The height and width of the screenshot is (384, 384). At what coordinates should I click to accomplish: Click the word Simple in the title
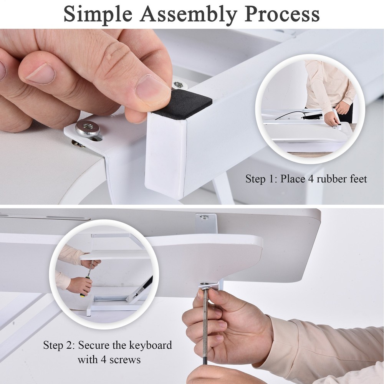(x=98, y=14)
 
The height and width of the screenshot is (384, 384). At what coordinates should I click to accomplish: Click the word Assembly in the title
(x=189, y=14)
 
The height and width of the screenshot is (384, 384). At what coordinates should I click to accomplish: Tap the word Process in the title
(x=282, y=14)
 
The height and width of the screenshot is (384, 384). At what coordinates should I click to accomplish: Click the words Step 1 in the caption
(x=260, y=179)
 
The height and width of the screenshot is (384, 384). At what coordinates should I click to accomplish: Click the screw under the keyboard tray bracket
(x=204, y=285)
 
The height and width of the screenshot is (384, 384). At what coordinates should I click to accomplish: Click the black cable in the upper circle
(x=292, y=113)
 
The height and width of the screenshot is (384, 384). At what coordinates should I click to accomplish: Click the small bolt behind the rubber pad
(x=177, y=84)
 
